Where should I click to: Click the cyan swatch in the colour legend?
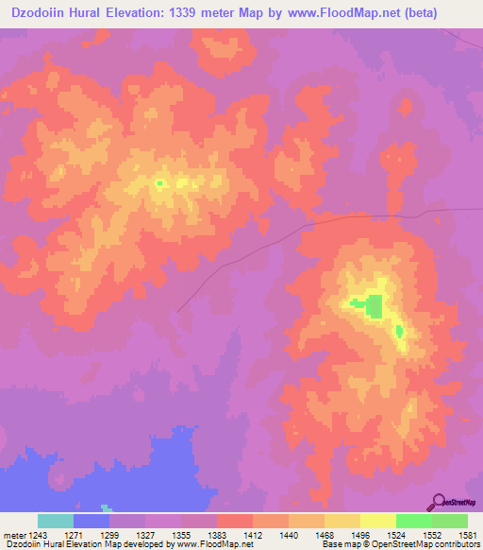click(x=56, y=521)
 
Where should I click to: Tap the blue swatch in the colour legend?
click(x=92, y=521)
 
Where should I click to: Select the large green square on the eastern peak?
click(x=375, y=306)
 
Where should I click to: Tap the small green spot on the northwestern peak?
click(x=159, y=183)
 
